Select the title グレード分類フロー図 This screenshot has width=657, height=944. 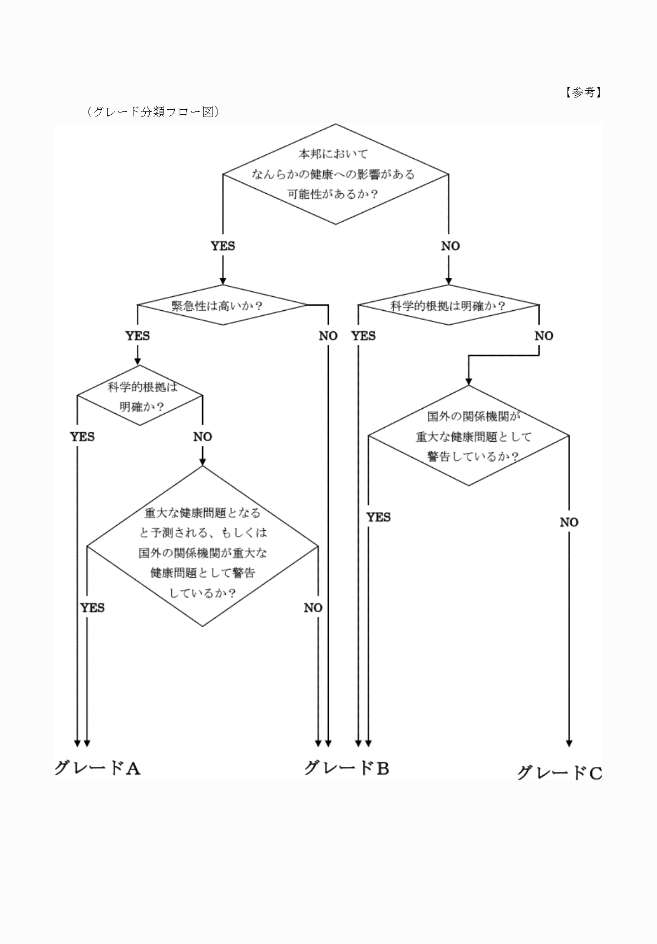coord(153,111)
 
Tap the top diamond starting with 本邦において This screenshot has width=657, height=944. coord(335,174)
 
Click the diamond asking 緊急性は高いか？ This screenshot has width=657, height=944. coord(222,305)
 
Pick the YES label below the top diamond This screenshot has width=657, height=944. coord(223,246)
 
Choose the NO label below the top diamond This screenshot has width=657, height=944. coord(450,246)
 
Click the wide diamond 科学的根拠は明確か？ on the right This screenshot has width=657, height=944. coord(448,305)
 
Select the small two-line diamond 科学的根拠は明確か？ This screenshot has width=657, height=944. coord(140,396)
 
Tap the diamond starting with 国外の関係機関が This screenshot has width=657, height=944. coord(468,436)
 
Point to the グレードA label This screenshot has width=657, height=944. coord(97,768)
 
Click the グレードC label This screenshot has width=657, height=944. coord(560,772)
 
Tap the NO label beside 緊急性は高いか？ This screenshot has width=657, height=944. coord(328,336)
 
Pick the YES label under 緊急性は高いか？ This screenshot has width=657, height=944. coord(137,336)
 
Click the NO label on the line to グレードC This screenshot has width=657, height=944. coord(569,522)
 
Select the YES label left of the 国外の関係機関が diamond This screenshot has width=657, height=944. coord(378,517)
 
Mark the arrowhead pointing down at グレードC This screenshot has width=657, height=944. coord(569,742)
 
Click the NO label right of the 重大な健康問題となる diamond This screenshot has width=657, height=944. coord(313,608)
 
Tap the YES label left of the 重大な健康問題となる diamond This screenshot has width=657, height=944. coord(92,608)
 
